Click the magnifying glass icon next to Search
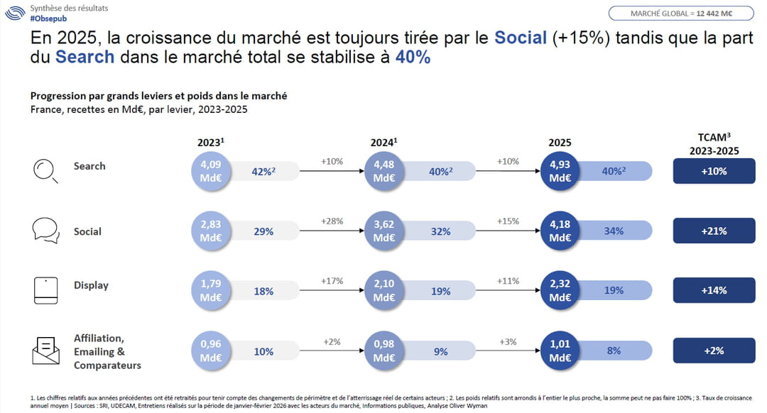45,171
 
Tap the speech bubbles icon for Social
45,231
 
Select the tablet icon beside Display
45,290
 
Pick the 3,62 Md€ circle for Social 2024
383,231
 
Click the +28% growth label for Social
332,221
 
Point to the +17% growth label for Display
332,281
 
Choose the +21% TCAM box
714,231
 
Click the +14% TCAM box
714,290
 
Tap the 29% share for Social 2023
263,231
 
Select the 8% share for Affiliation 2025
614,351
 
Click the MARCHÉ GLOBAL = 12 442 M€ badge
681,13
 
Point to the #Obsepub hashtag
47,18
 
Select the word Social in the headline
521,38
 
